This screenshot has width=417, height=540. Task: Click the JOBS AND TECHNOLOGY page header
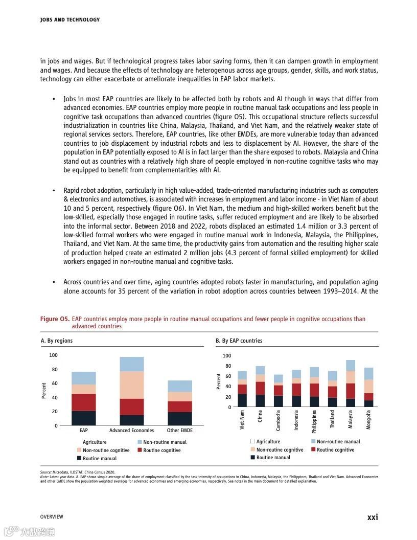click(x=69, y=20)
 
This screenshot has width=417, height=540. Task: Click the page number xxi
click(x=373, y=517)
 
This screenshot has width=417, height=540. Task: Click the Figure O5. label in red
click(x=55, y=319)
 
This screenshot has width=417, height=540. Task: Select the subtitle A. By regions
click(x=56, y=341)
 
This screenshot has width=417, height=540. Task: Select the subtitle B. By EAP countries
click(x=239, y=341)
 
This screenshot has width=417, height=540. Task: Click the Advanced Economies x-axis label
click(x=132, y=431)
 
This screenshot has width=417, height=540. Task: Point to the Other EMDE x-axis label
click(x=180, y=431)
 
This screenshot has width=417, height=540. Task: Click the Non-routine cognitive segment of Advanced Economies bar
click(x=132, y=385)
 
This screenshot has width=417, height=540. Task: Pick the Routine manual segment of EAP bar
click(x=84, y=418)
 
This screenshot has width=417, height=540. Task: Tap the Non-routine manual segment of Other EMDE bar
click(x=180, y=386)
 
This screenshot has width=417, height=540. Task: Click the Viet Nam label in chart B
click(x=242, y=419)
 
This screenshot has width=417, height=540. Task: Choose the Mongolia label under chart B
click(x=368, y=419)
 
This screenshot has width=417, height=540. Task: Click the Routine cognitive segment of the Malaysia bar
click(x=350, y=391)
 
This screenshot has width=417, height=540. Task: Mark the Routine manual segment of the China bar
click(x=260, y=401)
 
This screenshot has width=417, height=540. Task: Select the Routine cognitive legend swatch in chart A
click(x=140, y=450)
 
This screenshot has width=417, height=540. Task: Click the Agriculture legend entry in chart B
click(x=268, y=441)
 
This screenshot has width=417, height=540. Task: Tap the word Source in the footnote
click(x=46, y=472)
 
